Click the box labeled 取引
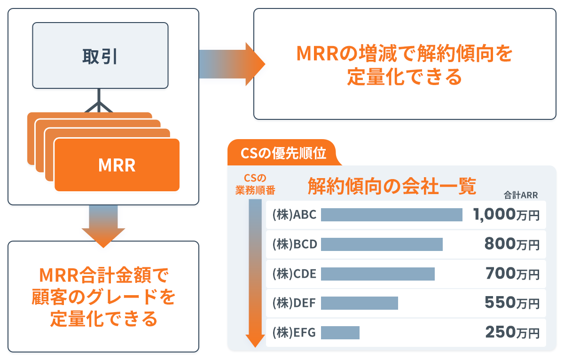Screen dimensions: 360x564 tap(100, 55)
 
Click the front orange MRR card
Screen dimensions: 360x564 tap(117, 165)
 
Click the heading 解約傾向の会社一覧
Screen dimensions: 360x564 tap(392, 187)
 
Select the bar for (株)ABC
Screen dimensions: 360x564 tap(392, 215)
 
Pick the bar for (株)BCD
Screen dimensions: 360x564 tap(382, 244)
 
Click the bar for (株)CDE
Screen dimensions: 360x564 tap(378, 274)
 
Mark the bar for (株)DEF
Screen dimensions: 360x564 tap(360, 303)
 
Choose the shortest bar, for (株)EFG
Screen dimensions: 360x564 tap(340, 332)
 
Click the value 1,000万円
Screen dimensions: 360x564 tap(506, 215)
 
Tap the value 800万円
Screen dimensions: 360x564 tap(512, 244)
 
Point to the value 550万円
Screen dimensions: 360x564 tap(512, 303)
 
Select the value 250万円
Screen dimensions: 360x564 tap(512, 332)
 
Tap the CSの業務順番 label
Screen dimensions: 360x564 tap(255, 184)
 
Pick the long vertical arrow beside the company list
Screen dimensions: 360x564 tap(255, 273)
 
